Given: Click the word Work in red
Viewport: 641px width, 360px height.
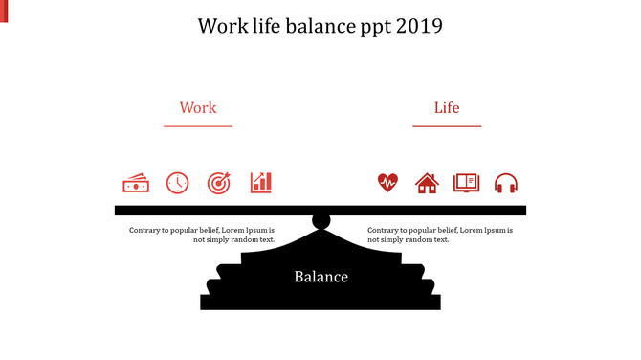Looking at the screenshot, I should (198, 108).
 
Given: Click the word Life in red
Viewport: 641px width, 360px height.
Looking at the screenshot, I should (447, 108).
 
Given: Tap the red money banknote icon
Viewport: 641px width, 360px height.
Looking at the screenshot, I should (136, 183).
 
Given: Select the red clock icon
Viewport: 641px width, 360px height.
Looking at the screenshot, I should (178, 183).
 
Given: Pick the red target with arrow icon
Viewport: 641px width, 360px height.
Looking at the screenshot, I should (219, 183).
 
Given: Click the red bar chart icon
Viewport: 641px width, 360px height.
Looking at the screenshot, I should (261, 182).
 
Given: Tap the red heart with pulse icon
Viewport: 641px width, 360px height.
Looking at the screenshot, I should (387, 183).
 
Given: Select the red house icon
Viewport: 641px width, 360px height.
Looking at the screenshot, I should (427, 183).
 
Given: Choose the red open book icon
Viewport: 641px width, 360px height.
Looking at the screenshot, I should (466, 182).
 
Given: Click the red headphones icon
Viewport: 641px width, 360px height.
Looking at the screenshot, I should (506, 183).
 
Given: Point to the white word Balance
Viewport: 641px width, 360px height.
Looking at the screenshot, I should (320, 278).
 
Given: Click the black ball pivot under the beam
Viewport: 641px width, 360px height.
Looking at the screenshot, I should (321, 222).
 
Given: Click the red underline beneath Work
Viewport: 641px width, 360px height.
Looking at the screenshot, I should (198, 125).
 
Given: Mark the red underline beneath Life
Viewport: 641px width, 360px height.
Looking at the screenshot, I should (447, 125).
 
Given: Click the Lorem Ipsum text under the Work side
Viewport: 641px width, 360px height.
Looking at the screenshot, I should (202, 235).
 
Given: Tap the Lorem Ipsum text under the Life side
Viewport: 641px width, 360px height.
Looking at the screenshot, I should (440, 235).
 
